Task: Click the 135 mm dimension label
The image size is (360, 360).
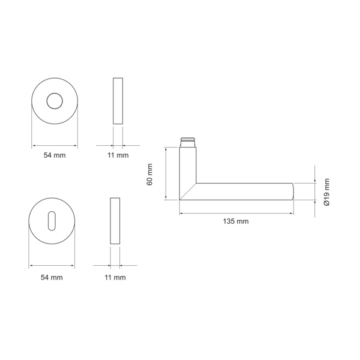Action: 235,221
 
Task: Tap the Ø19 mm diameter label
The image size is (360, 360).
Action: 326,192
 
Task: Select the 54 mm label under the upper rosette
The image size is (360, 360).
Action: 55,155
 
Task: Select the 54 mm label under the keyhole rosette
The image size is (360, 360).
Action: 52,277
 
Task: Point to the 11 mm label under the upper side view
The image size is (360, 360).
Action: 118,155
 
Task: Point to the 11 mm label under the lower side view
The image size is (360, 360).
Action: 115,277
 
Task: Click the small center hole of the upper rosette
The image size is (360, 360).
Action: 55,101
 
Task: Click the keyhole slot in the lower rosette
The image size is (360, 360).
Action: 52,220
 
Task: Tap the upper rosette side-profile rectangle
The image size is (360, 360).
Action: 118,101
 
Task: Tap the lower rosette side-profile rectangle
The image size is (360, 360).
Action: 115,220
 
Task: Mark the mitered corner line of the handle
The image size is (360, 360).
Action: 188,191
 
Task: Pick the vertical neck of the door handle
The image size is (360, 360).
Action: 188,168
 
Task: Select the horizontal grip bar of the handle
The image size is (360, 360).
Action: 240,191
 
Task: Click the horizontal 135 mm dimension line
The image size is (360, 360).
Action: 236,212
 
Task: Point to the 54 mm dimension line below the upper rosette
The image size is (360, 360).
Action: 55,145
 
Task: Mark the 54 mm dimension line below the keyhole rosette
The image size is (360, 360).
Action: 52,266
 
